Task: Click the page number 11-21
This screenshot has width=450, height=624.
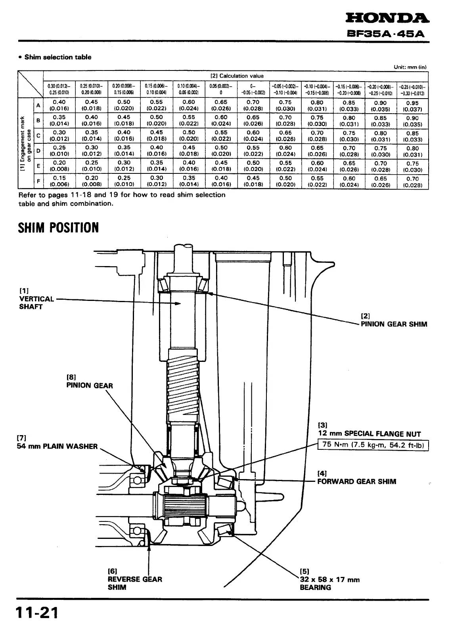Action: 37,613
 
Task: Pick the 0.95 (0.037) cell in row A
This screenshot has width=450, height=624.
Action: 412,105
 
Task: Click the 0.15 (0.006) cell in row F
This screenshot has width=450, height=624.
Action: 59,181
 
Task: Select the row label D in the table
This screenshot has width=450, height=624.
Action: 38,151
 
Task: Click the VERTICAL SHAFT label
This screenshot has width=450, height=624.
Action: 36,302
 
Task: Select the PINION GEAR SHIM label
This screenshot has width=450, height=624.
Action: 394,324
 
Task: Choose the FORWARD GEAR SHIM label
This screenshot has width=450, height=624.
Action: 356,481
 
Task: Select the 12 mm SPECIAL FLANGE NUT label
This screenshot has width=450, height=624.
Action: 369,434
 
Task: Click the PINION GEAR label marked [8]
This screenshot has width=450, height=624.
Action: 89,385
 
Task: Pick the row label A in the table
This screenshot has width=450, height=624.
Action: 38,105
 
